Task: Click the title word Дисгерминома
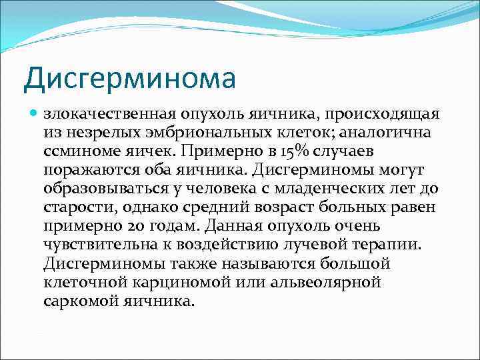point(130,77)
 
